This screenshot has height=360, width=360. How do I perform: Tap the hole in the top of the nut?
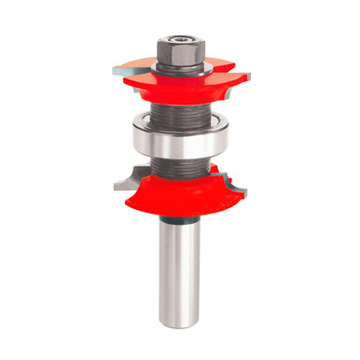(x=179, y=39)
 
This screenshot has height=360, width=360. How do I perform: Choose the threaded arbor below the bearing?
(x=180, y=166)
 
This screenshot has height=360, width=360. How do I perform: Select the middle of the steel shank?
(x=180, y=270)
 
